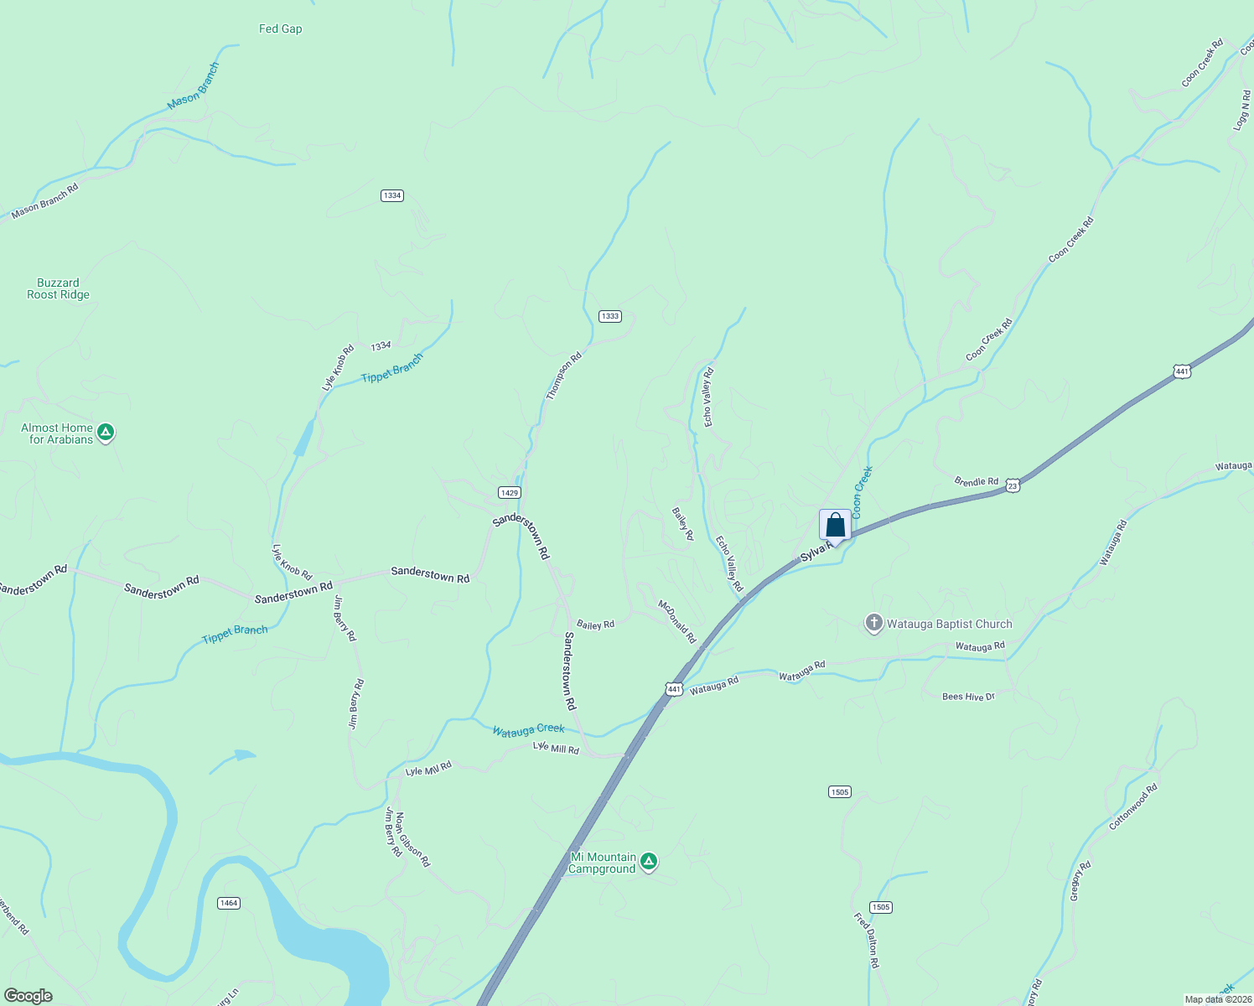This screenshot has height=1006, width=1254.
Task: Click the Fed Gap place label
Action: (280, 29)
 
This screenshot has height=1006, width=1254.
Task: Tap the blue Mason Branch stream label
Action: (193, 86)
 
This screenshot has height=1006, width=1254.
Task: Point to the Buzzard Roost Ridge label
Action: (58, 288)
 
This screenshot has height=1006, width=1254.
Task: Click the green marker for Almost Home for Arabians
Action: (106, 433)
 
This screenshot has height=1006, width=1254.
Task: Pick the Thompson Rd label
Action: (564, 376)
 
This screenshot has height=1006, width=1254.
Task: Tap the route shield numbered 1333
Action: (609, 316)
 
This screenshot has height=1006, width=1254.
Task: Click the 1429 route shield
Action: (509, 492)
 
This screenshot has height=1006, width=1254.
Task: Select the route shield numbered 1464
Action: (228, 903)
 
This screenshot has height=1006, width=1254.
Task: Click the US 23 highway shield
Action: (1013, 485)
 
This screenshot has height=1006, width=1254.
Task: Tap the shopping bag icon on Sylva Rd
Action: (835, 526)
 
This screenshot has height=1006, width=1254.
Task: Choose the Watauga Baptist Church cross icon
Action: (874, 623)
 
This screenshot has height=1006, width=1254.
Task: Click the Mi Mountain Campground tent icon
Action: (648, 861)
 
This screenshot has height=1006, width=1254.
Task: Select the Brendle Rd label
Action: (977, 481)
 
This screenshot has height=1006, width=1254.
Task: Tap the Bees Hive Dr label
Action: (968, 697)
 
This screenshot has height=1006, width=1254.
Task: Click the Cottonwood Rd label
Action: (1133, 806)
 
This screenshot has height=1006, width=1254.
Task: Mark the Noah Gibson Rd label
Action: (412, 839)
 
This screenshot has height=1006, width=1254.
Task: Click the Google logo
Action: (28, 996)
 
